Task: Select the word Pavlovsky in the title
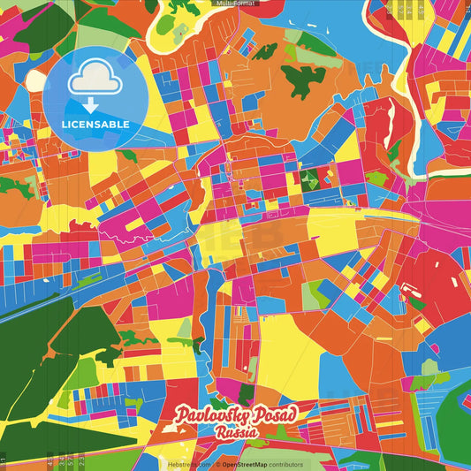[x=211, y=415]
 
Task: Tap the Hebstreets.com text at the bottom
[x=189, y=464]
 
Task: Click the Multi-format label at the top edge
[x=235, y=4]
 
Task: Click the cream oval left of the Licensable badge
[x=35, y=80]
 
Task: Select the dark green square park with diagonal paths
[x=309, y=180]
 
